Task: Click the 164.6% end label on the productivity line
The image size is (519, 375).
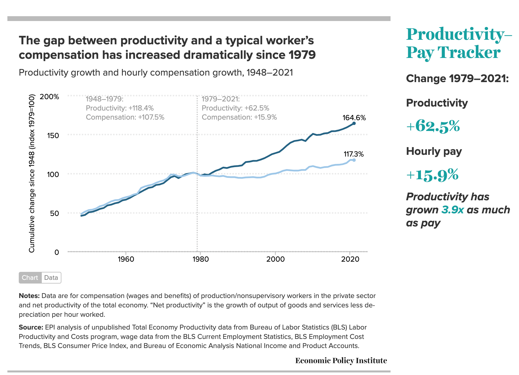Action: pos(354,118)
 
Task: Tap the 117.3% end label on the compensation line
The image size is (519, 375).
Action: pos(354,154)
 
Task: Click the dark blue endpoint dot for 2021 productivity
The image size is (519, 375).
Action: pos(354,123)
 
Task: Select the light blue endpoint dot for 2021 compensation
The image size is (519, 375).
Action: pos(354,160)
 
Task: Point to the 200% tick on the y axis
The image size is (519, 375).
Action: pos(49,97)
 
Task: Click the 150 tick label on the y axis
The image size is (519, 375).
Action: pos(53,135)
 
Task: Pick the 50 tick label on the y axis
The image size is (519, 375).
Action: pos(55,213)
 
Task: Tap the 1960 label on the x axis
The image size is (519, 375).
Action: pos(126,259)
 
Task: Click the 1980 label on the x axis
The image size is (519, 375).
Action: pos(200,259)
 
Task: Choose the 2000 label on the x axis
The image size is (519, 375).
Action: pos(275,259)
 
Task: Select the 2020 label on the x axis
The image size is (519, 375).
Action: pos(350,259)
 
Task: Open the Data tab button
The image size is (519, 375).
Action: pos(51,278)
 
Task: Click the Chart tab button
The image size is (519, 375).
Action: pos(30,278)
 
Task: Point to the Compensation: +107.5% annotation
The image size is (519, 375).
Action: pos(125,117)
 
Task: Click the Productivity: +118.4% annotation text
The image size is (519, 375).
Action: pos(120,108)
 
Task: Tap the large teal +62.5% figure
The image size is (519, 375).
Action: pos(433,126)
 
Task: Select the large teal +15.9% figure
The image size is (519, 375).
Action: pos(432,174)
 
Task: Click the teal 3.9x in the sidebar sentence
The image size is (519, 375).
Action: pos(452,210)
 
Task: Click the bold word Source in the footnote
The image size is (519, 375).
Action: pos(30,327)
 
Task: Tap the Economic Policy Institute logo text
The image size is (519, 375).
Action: pos(341,361)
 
